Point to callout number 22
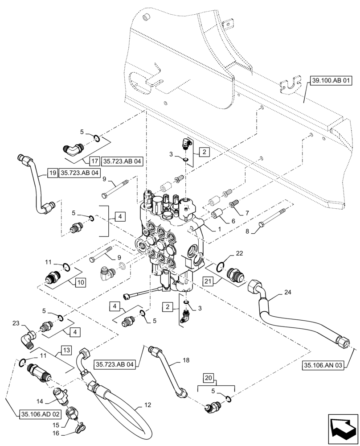tap(240, 253)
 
